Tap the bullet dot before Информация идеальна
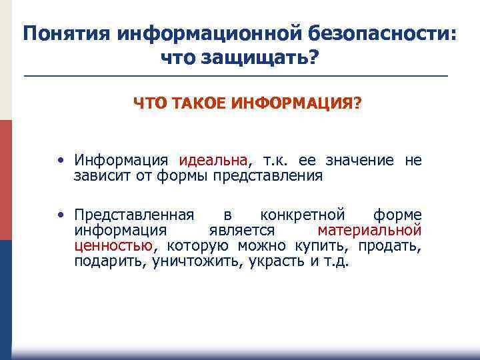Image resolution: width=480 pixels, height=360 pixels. click(61, 161)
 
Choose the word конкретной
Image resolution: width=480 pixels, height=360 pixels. click(303, 215)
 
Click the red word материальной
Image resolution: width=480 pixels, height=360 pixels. click(369, 231)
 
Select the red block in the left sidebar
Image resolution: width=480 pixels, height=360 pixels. click(6, 180)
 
